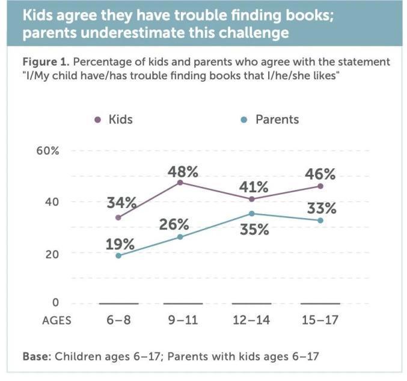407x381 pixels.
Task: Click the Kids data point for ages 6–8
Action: [118, 217]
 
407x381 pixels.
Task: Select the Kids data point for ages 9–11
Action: [180, 182]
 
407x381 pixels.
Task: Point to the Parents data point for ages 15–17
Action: [320, 221]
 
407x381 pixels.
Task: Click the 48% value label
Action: [183, 172]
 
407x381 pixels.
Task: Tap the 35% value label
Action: [252, 230]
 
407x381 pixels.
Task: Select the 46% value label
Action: [320, 175]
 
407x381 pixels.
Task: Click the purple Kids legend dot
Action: [98, 120]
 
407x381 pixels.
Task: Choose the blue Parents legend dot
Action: [243, 120]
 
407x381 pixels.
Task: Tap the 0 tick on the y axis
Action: [55, 303]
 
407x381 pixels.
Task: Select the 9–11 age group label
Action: [183, 320]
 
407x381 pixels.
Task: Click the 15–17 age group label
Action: [320, 320]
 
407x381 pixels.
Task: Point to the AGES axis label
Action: [57, 320]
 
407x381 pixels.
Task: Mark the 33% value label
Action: [320, 210]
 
